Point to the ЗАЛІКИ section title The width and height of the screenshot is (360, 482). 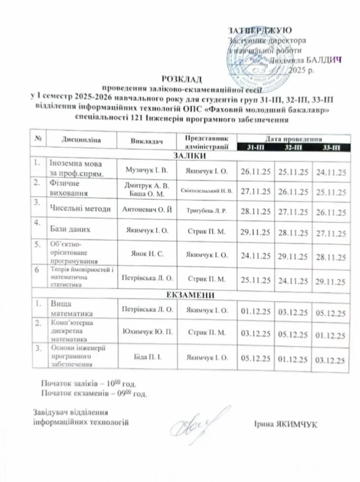pos(187,155)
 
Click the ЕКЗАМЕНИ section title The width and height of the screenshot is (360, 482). pos(187,295)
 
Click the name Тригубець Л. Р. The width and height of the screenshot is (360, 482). pos(207,209)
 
